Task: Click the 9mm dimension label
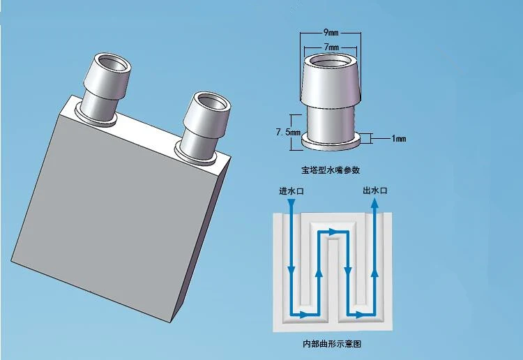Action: [x=331, y=32]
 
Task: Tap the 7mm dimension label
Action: [x=331, y=47]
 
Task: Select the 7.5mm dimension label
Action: [x=288, y=132]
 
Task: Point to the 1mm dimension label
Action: [x=399, y=138]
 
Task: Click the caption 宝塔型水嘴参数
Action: [x=331, y=170]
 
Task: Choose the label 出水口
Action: [x=375, y=190]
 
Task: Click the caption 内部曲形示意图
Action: [x=332, y=344]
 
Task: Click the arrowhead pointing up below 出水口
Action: [x=374, y=203]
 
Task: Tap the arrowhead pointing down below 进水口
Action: [x=291, y=203]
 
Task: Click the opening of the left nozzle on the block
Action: [x=113, y=63]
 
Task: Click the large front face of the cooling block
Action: [x=110, y=213]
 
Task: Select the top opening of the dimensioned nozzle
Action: [x=331, y=62]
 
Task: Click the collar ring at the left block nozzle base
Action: [x=95, y=117]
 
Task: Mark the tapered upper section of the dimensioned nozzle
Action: [x=331, y=81]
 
